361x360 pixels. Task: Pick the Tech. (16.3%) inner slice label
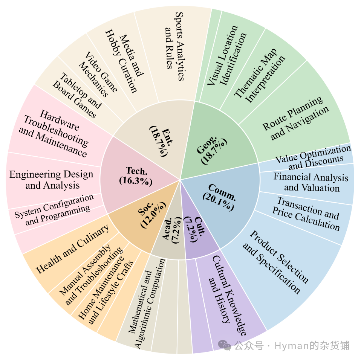pyautogui.click(x=136, y=176)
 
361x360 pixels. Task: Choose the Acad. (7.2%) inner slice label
pyautogui.click(x=172, y=230)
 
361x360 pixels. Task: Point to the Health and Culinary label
pyautogui.click(x=72, y=249)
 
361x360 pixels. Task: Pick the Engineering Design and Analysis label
pyautogui.click(x=51, y=180)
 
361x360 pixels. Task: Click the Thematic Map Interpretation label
pyautogui.click(x=260, y=76)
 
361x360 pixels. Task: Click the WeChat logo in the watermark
pyautogui.click(x=225, y=345)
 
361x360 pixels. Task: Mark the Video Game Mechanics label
pyautogui.click(x=98, y=74)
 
